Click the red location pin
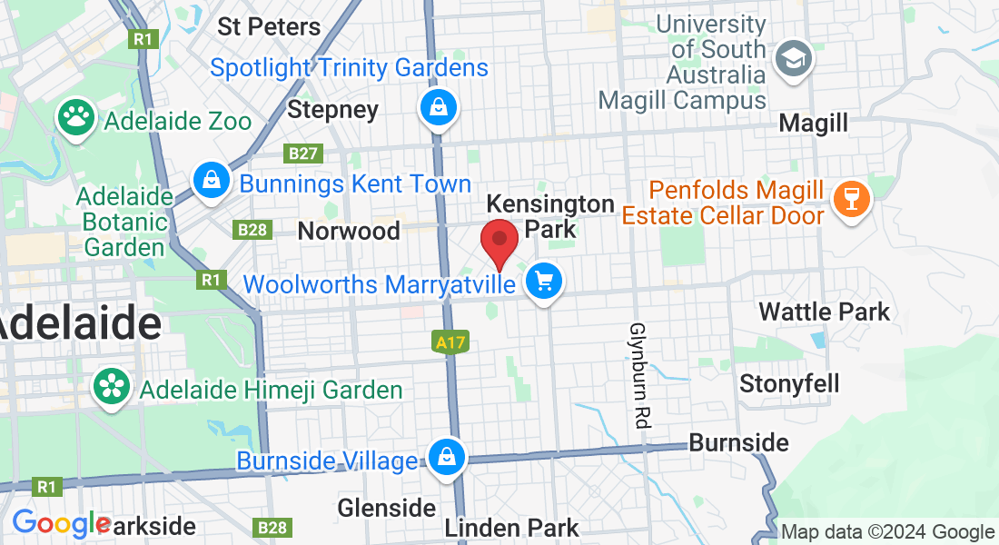(499, 240)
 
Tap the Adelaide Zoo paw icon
(76, 117)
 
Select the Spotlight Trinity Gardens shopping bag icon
(439, 109)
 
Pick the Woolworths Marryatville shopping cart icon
(544, 282)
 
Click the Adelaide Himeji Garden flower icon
(112, 389)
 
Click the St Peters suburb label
(269, 26)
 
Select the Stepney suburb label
(332, 111)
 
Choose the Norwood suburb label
(349, 231)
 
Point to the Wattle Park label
(824, 312)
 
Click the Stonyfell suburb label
(789, 383)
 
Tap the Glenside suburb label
(387, 507)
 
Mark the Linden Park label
(511, 528)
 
